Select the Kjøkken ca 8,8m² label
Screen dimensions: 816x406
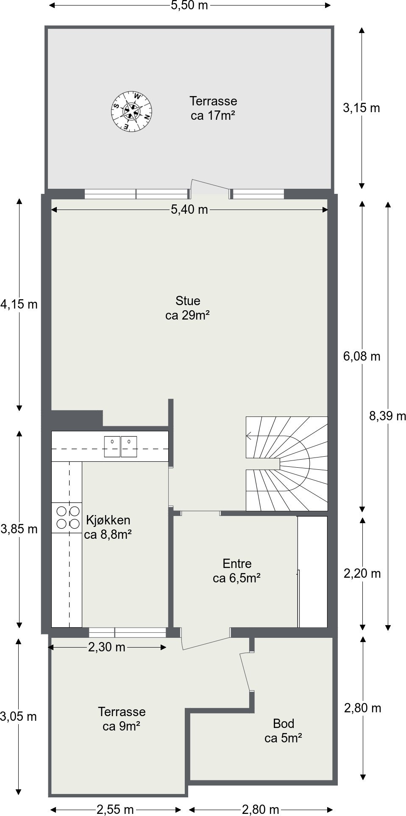(108, 527)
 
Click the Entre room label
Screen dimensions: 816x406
(236, 571)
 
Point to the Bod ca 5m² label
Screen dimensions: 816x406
(283, 731)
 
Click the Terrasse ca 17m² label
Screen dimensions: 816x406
(213, 108)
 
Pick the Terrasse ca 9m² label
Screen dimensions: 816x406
(122, 719)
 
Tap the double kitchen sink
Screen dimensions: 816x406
(121, 447)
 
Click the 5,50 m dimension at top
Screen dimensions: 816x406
(189, 6)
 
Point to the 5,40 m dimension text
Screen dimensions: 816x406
(189, 209)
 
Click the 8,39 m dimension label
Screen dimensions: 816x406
(387, 416)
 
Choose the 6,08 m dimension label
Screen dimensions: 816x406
(362, 356)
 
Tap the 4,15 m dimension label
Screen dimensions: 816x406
(19, 304)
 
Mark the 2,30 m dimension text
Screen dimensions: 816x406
(107, 647)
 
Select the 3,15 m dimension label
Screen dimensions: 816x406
(362, 108)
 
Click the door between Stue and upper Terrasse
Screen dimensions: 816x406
(210, 189)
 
